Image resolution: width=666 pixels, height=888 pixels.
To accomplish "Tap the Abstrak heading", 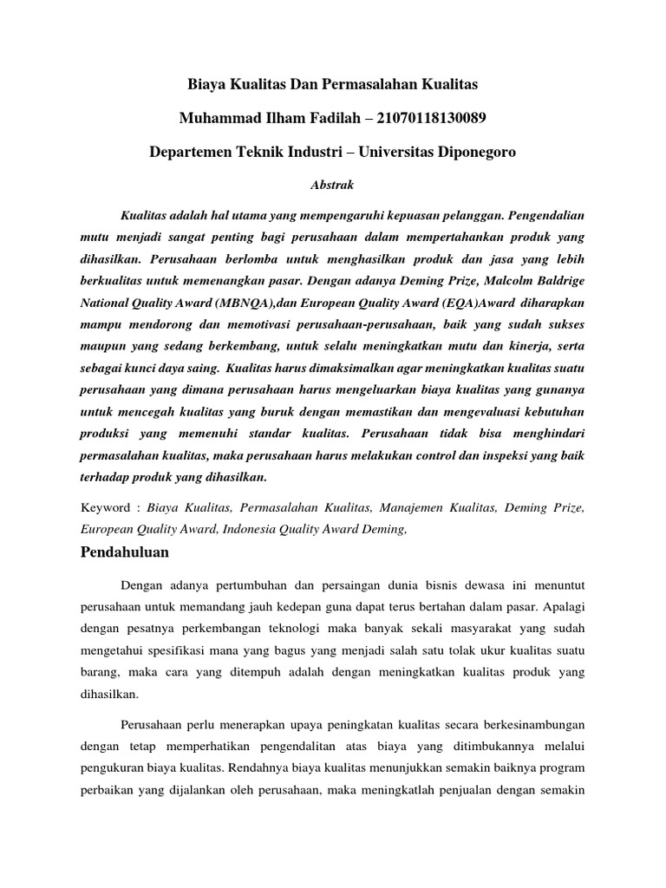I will [x=332, y=184].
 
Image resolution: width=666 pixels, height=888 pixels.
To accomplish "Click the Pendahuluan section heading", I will [x=125, y=552].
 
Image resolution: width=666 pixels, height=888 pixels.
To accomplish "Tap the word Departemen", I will [x=193, y=152].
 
